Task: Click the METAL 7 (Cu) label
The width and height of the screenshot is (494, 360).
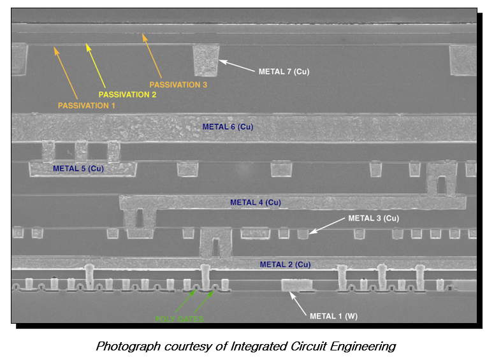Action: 284,71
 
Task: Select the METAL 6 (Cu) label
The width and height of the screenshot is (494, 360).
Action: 228,127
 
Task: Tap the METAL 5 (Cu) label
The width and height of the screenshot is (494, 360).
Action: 78,169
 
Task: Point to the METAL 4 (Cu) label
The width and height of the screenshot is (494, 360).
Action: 255,203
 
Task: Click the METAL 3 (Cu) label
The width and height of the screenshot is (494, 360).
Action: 374,218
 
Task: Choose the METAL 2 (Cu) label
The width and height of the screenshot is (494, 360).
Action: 285,264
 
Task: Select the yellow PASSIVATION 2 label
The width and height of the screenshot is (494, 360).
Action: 127,94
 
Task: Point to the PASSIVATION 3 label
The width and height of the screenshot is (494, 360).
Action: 178,83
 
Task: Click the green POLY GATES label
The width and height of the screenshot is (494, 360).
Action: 180,318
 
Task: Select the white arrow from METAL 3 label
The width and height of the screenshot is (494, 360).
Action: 326,226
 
